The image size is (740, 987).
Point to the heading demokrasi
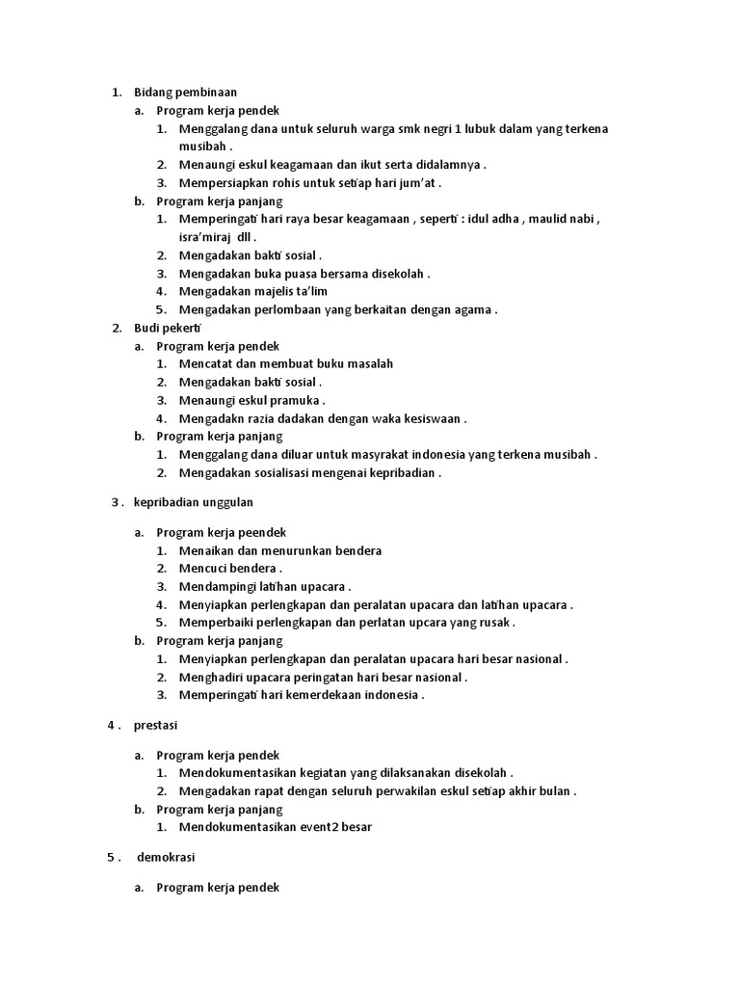168,856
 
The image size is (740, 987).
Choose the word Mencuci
201,569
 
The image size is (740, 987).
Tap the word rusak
493,623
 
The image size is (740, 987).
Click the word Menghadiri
210,677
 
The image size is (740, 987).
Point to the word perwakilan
429,791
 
